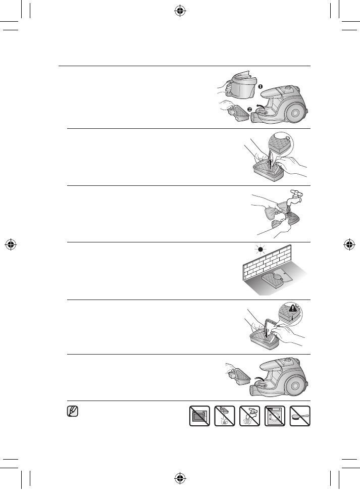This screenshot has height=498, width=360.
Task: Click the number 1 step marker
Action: point(261,87)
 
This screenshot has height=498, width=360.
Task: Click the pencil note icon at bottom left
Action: point(73,412)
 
